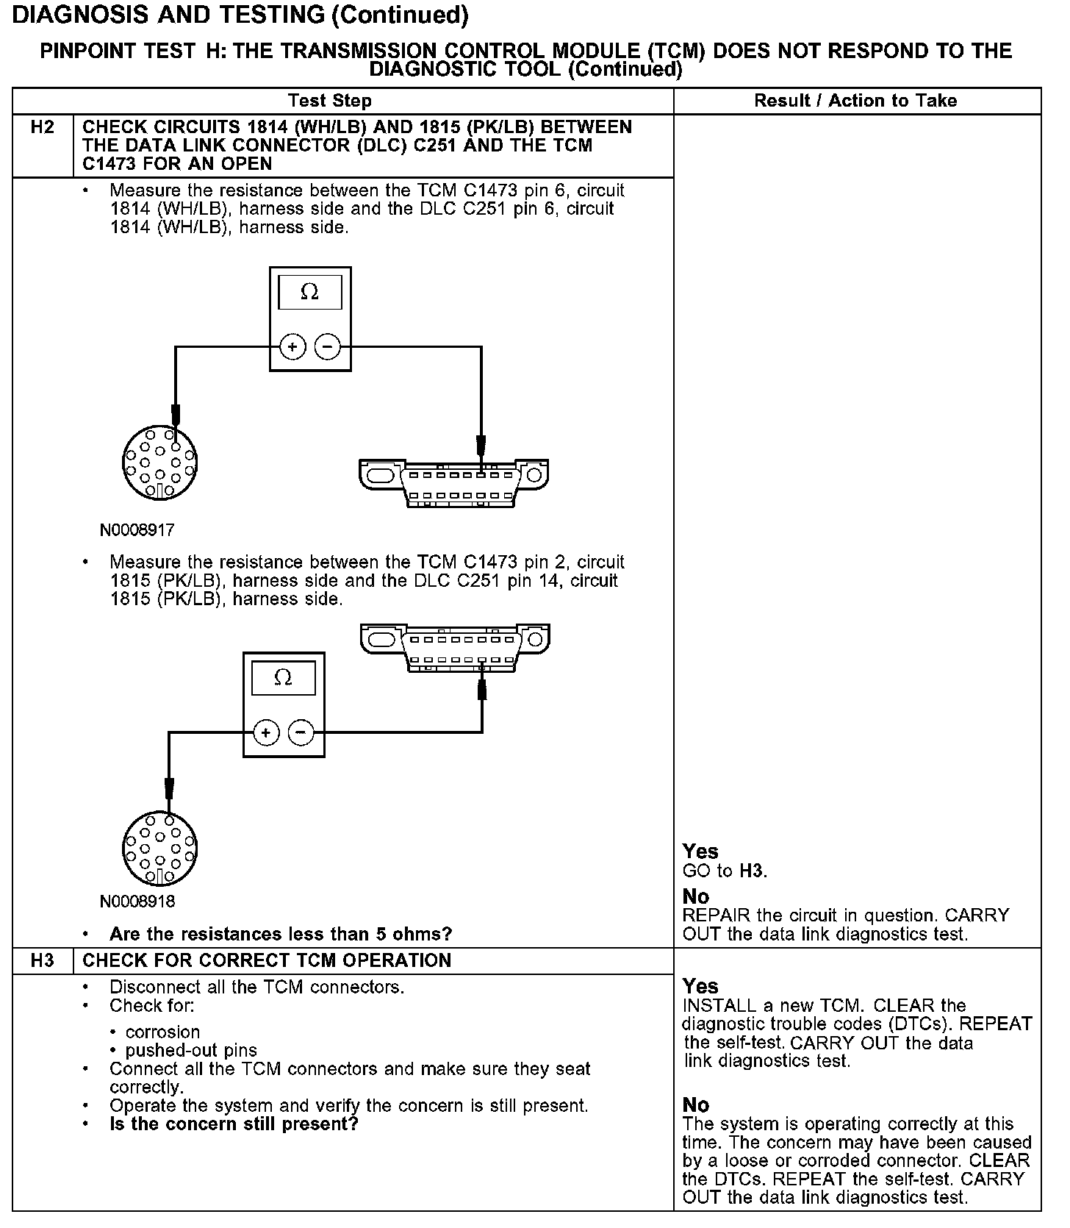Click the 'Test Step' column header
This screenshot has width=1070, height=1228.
(x=330, y=101)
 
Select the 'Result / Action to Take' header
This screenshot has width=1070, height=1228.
(x=855, y=101)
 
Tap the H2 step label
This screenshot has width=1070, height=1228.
(x=43, y=127)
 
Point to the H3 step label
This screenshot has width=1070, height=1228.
(x=43, y=960)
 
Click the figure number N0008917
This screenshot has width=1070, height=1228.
(x=137, y=529)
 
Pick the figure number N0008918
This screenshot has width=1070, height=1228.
(x=137, y=901)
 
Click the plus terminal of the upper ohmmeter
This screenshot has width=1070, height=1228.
(x=292, y=346)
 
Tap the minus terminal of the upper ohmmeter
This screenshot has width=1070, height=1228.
(x=328, y=346)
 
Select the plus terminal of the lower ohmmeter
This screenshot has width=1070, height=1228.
(x=266, y=732)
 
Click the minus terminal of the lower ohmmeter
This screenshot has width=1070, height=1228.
(x=301, y=732)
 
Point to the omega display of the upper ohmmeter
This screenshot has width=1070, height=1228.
(x=310, y=293)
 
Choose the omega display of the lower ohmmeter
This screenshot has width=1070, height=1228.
(x=284, y=678)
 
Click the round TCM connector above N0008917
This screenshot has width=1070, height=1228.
(x=159, y=463)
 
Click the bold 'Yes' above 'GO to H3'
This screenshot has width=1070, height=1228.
(x=700, y=852)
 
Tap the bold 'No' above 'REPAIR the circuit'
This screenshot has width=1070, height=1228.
(x=695, y=896)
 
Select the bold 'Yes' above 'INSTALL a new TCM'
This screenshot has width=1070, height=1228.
(x=700, y=986)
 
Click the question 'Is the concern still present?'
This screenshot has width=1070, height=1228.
(x=234, y=1124)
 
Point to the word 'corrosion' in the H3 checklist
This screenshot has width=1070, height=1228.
(x=162, y=1032)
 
